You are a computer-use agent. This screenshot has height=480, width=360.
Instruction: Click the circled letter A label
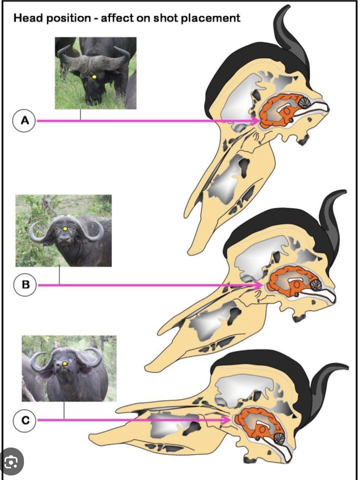point(25,120)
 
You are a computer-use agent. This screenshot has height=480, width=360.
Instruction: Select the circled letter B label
point(25,285)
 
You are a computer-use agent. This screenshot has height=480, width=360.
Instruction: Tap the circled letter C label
point(25,420)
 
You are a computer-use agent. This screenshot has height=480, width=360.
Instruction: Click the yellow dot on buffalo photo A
point(94,77)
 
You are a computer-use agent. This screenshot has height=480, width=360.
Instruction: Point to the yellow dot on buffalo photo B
point(65,229)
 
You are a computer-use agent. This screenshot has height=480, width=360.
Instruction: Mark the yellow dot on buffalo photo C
point(64,363)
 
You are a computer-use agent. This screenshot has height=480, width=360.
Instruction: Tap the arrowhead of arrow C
point(225,420)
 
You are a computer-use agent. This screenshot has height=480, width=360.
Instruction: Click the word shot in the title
point(166,18)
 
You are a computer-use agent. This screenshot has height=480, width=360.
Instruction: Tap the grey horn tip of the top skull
point(287,7)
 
